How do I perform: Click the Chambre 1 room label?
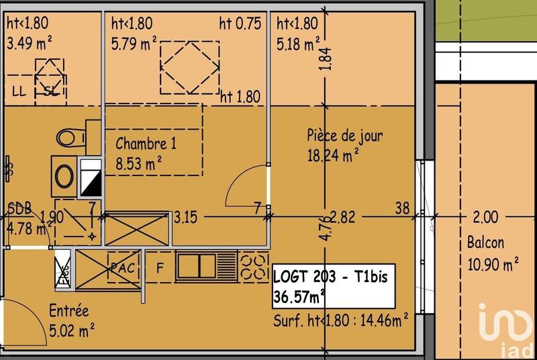point(146,143)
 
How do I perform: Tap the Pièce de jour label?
point(345,136)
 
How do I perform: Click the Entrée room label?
point(68,311)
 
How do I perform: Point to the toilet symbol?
point(69,138)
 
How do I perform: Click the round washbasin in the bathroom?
point(65,177)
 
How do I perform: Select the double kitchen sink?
point(198,266)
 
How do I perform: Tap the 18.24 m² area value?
point(333,156)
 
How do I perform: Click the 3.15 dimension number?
point(186,217)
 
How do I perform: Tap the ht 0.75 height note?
point(240,24)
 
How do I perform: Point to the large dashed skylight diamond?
point(189,67)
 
